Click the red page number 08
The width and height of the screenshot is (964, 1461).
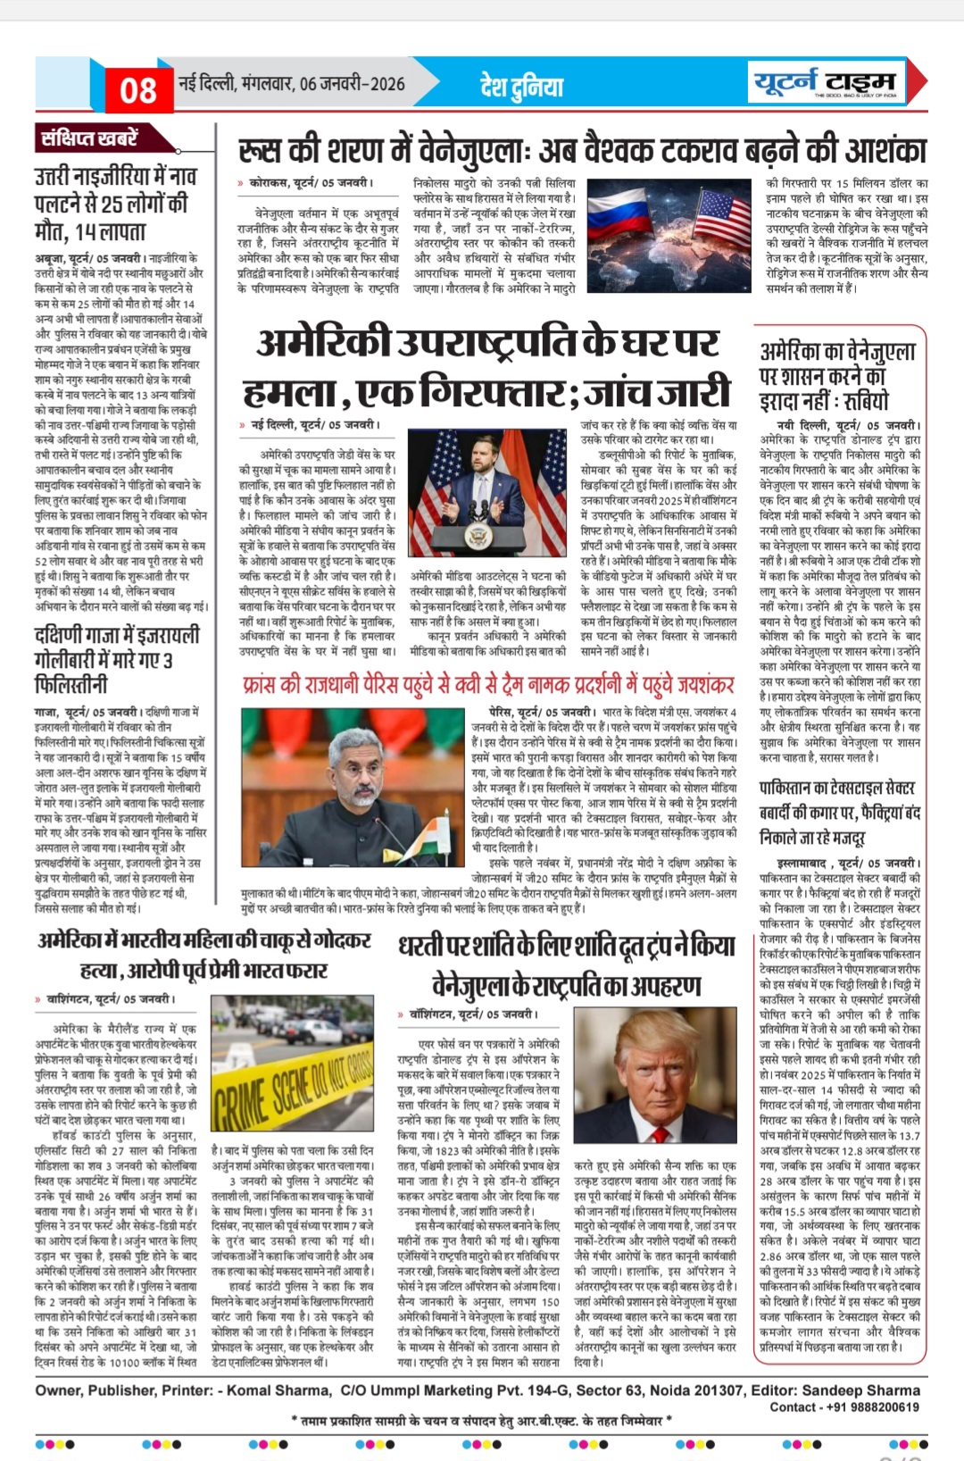(137, 89)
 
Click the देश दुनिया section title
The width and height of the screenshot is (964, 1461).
(521, 86)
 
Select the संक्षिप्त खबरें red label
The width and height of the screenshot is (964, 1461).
(89, 138)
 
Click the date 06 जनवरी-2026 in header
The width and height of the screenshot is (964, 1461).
(352, 84)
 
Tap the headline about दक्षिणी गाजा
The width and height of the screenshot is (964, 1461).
(116, 660)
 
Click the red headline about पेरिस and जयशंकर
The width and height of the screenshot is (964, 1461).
(487, 685)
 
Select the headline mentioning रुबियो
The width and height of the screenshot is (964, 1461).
(836, 375)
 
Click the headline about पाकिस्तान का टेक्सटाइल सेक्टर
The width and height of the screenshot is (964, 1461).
(836, 813)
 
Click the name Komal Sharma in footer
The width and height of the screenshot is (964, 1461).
(278, 1390)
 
